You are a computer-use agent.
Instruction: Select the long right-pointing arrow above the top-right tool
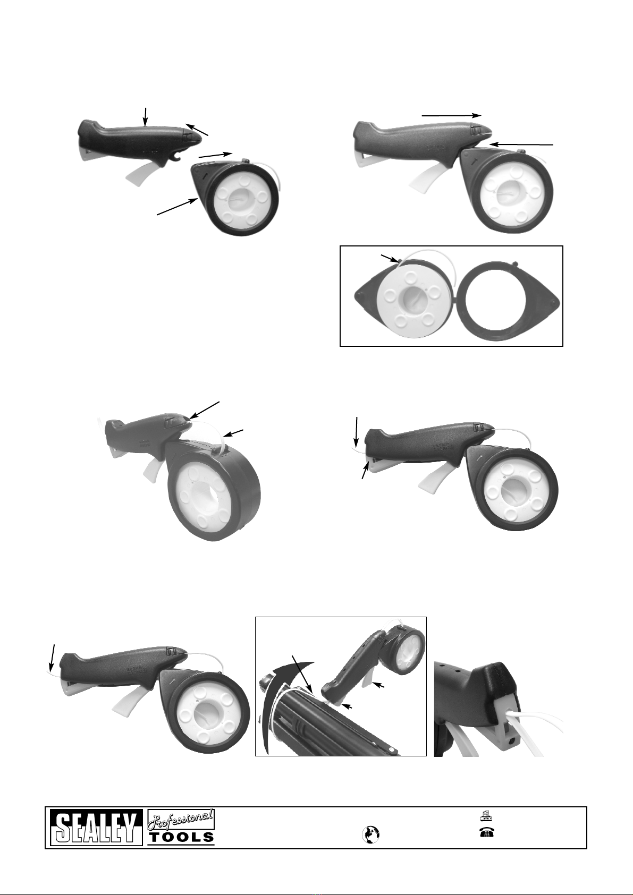pos(451,115)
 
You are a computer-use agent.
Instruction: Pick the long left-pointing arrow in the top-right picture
pos(521,144)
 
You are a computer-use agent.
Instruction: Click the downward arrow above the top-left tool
pos(146,117)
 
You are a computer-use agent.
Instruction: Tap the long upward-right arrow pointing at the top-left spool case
pos(176,207)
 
